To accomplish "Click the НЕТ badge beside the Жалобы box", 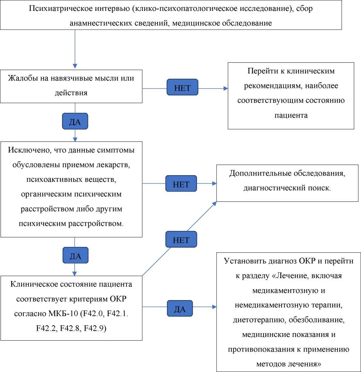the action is (182, 87).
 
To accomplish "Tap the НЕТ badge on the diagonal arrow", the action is (181, 239).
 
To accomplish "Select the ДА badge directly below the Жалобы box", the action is (75, 121).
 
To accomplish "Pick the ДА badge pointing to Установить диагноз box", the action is (180, 308).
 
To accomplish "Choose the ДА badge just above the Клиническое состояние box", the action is (75, 255).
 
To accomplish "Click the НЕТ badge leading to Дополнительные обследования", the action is (181, 183).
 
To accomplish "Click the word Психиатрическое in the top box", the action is (61, 9).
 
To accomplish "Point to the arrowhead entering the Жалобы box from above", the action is (75, 66).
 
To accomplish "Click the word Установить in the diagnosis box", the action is (245, 261).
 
